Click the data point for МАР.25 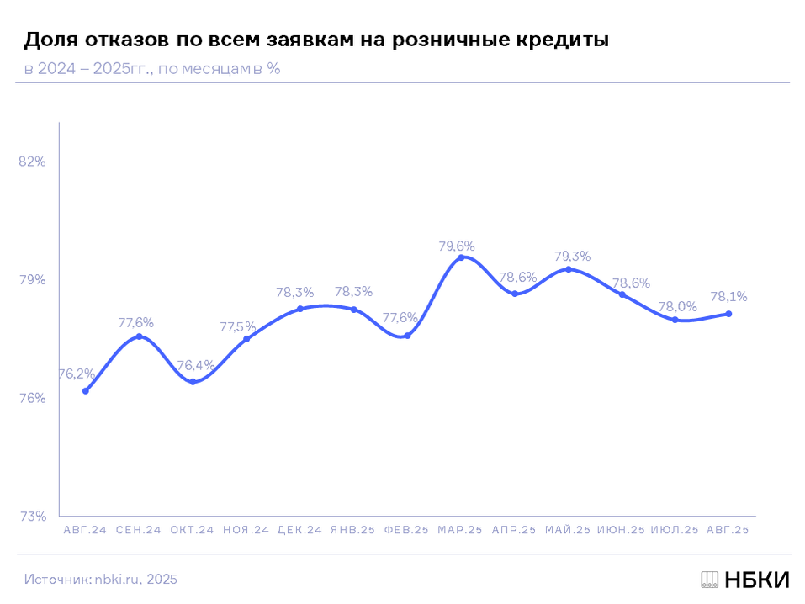click(461, 257)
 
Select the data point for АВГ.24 click(86, 391)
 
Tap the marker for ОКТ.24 click(193, 382)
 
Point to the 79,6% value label click(457, 246)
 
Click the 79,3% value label click(572, 257)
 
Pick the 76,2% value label click(77, 374)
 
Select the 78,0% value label click(679, 307)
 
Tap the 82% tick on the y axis click(32, 162)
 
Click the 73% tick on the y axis click(32, 516)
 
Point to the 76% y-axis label click(32, 398)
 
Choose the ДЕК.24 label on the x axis click(299, 531)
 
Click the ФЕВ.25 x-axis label click(407, 531)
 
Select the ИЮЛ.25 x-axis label click(675, 531)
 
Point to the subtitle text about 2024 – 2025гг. click(152, 69)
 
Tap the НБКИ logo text click(756, 580)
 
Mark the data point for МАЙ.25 click(569, 269)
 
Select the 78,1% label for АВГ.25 click(728, 297)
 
